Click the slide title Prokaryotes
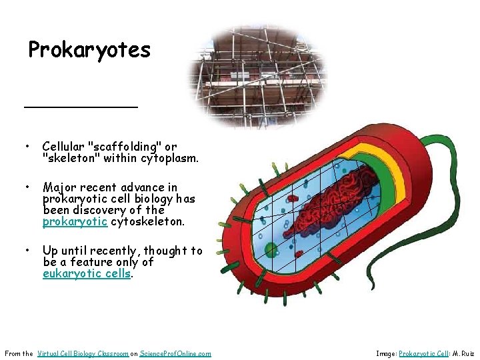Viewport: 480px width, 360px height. tap(89, 50)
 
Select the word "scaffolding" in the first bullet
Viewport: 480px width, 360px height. tap(125, 147)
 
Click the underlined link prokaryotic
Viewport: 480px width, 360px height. tap(75, 221)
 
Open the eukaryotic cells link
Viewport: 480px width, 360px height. tap(87, 273)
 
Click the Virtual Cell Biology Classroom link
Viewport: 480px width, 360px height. tap(83, 353)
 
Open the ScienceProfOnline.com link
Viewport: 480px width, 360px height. tap(175, 353)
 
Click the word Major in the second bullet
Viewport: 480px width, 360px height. tap(59, 187)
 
